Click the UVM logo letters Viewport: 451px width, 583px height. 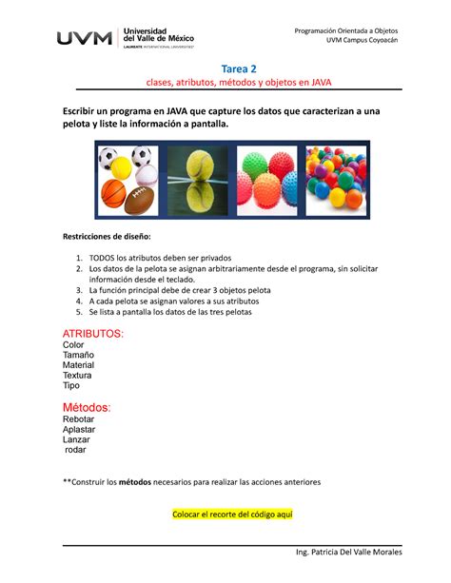click(85, 38)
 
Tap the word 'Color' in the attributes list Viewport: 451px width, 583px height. click(73, 345)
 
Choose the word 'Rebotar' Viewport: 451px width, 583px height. click(79, 419)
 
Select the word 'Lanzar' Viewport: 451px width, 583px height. click(77, 439)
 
